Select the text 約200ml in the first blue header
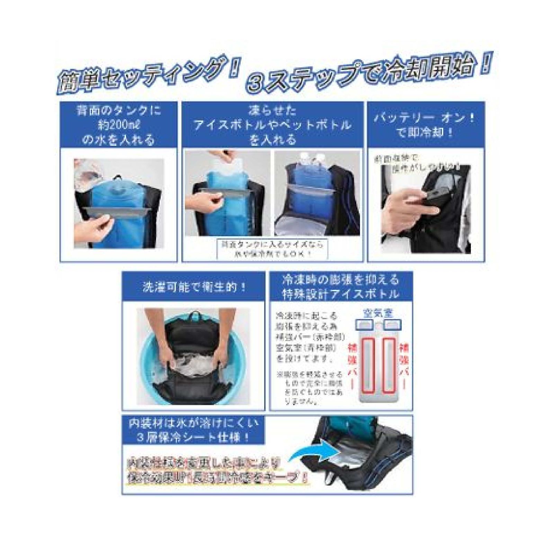coord(118,125)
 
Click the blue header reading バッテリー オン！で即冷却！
coord(426,125)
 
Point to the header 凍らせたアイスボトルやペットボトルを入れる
coord(272,125)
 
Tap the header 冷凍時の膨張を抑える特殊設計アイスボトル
coord(341,287)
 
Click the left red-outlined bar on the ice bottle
coord(366,365)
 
